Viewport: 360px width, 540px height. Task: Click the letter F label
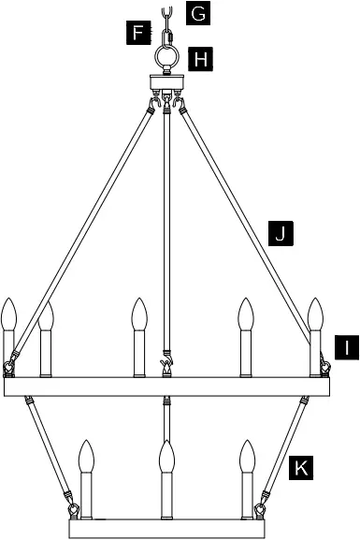(x=138, y=35)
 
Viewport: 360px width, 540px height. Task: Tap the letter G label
(x=198, y=13)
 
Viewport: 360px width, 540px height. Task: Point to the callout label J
(x=279, y=232)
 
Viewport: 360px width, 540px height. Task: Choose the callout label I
(x=345, y=347)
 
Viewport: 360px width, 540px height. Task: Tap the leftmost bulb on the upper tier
(x=10, y=315)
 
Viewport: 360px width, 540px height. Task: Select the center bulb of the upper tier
(x=139, y=315)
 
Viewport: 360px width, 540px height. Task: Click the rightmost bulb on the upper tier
(x=316, y=315)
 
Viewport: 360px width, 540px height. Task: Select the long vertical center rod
(x=167, y=234)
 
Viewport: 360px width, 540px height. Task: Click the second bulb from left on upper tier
(x=46, y=318)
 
